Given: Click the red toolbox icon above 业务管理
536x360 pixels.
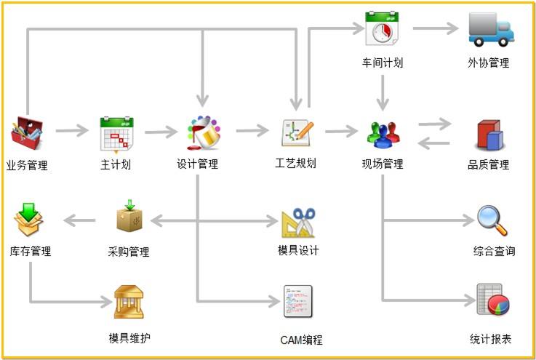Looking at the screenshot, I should pos(27,132).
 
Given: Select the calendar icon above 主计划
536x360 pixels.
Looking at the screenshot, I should pos(116,132).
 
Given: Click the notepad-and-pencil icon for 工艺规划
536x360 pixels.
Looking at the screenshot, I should pos(297,132).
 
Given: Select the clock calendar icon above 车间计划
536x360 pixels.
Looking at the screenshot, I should pos(382,29).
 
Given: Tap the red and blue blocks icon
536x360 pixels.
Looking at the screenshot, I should pos(489,135).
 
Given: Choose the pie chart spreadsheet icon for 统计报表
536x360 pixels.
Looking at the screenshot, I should pos(492,300).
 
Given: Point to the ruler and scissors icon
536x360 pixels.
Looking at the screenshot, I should pos(298,223).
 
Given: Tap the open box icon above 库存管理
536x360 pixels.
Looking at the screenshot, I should pos(29,220).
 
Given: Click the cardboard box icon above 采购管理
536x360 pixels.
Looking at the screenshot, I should pos(129,217).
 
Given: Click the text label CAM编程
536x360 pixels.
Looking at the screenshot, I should pos(300,340).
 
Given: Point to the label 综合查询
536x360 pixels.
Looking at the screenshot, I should pos(494,252).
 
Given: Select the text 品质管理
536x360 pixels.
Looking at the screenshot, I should pos(488,165).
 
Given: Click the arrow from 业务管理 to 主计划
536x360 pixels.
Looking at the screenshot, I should pos(71,132).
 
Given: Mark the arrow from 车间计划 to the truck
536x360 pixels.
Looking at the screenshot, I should pos(436,29).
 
